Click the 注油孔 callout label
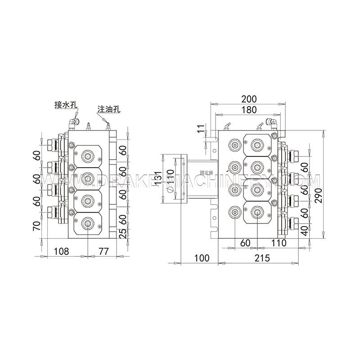point(108,109)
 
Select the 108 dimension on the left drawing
point(61,251)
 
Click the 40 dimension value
point(305,231)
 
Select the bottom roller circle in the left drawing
point(87,221)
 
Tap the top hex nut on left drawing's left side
point(49,144)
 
